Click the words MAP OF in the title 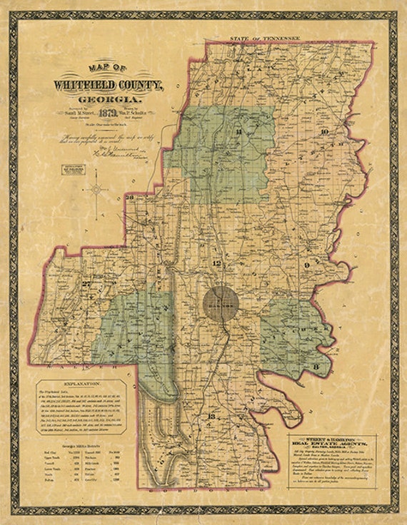pos(109,68)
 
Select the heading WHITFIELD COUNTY pos(108,85)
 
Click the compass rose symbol pos(96,189)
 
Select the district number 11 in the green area pos(240,133)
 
